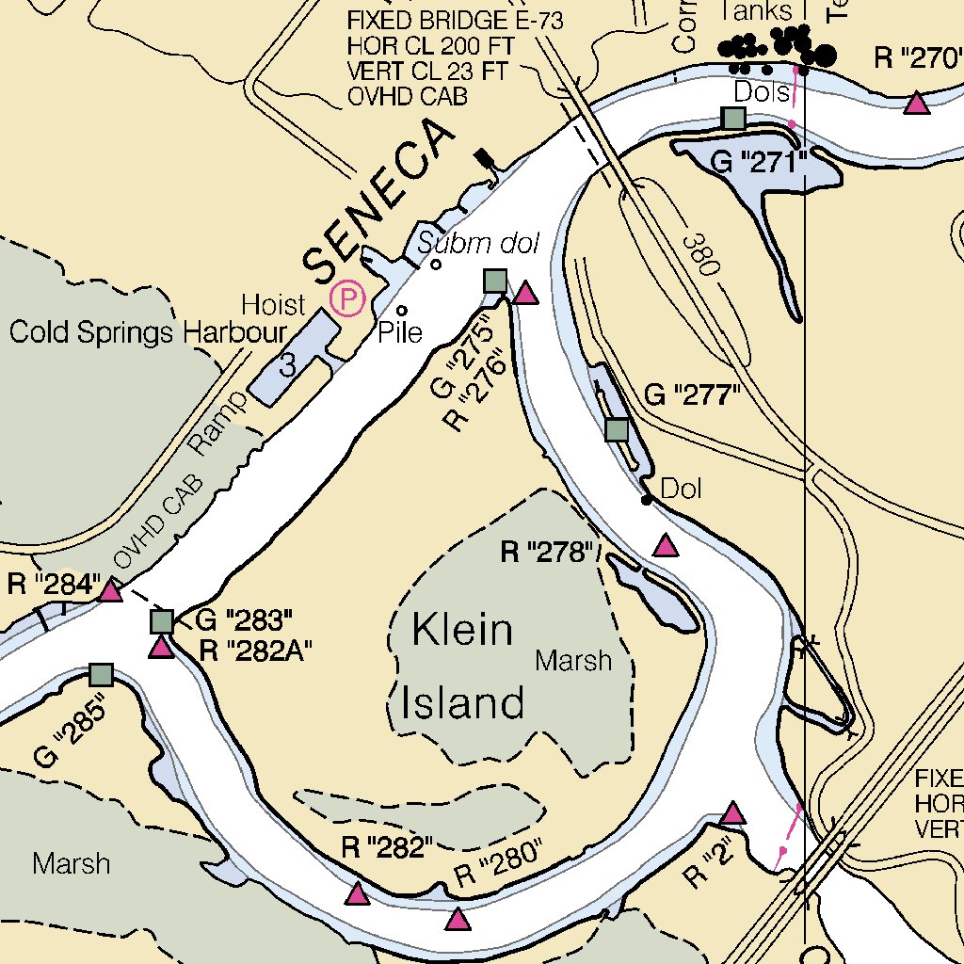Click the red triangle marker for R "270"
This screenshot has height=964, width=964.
click(x=916, y=104)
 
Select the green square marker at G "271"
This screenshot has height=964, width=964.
click(x=732, y=119)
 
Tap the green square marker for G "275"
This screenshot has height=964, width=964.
click(x=495, y=281)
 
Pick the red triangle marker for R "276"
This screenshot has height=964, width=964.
click(x=525, y=295)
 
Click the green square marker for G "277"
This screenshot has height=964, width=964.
click(x=617, y=430)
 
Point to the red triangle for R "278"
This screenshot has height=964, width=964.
click(x=666, y=545)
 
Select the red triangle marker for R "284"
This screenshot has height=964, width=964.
click(x=111, y=591)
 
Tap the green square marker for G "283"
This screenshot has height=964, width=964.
click(x=162, y=621)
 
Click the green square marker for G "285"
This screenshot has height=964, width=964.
click(x=101, y=674)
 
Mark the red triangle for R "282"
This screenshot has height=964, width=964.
click(x=357, y=894)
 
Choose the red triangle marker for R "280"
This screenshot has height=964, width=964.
click(x=458, y=920)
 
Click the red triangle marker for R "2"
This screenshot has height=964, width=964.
click(x=732, y=813)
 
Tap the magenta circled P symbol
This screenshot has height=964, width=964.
click(x=347, y=300)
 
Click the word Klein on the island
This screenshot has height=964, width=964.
click(x=462, y=630)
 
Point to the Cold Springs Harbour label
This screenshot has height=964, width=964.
click(x=147, y=332)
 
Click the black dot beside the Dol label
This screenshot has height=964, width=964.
click(x=647, y=499)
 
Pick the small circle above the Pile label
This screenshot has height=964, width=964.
click(x=402, y=310)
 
